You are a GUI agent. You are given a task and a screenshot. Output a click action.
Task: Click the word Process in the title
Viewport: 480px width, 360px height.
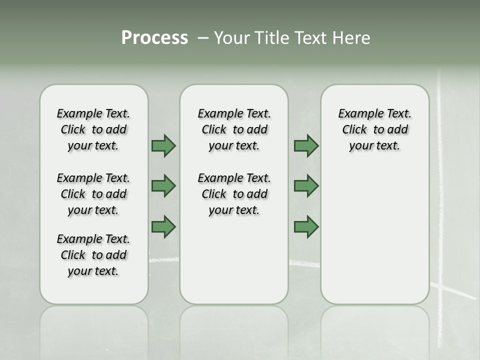coord(154,38)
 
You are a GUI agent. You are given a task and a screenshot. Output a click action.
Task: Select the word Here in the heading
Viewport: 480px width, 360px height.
coord(351,38)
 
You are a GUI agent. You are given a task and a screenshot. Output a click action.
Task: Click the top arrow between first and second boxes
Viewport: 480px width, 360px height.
coord(163,145)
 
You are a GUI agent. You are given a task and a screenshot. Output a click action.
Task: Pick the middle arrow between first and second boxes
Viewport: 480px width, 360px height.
coord(163,186)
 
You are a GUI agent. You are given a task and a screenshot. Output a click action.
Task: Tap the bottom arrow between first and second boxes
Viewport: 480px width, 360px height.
coord(163,227)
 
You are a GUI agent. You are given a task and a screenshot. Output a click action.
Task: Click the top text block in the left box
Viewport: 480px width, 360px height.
coord(93,129)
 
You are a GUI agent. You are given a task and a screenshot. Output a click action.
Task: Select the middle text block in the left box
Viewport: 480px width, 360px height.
coord(93,194)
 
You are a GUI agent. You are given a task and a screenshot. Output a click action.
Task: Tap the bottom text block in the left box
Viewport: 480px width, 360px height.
coord(93,255)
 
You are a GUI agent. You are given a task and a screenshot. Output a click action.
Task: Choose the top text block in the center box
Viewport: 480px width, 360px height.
coord(234,129)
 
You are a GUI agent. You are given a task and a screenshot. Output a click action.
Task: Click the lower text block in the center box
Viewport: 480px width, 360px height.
coord(234,194)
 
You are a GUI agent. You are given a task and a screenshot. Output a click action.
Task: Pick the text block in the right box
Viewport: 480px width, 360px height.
coord(375,129)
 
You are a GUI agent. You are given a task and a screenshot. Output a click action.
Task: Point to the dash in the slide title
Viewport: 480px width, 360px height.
coord(203,38)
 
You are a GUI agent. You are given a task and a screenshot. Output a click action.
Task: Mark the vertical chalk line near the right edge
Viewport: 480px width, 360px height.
coord(440,200)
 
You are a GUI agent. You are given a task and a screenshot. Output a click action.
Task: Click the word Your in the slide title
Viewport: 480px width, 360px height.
coord(230,38)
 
